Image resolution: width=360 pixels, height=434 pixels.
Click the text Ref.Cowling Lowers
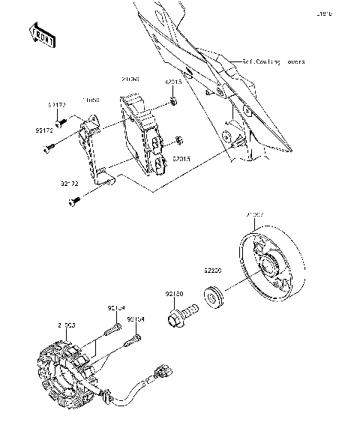pos(268,63)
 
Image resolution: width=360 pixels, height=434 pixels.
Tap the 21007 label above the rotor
pos(255,214)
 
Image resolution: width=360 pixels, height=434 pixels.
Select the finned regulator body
pos(145,135)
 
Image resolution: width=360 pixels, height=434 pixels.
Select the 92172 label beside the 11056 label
pos(58,106)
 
